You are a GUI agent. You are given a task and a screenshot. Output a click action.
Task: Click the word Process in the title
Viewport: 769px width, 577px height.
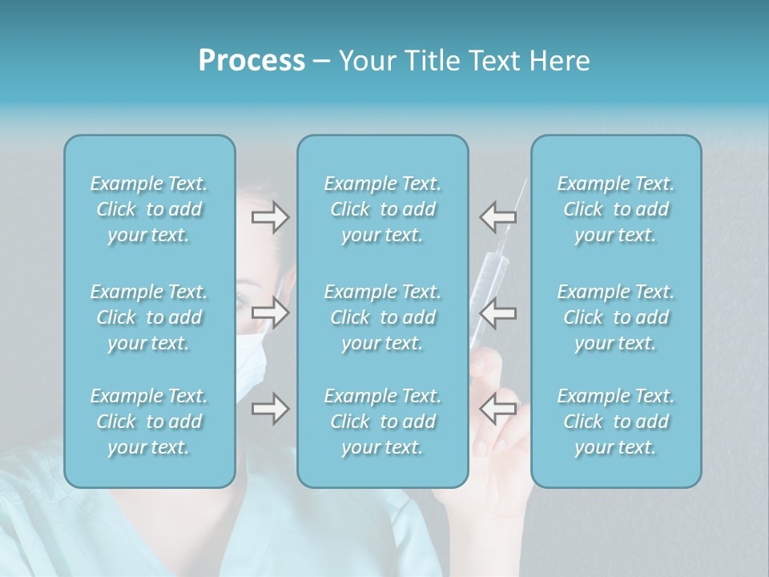pos(252,61)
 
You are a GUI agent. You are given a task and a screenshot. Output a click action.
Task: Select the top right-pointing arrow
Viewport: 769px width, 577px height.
pos(270,216)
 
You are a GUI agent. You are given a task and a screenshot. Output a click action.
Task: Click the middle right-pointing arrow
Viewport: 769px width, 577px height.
pos(270,313)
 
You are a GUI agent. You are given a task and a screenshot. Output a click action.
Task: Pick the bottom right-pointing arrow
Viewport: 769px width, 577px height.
pos(270,409)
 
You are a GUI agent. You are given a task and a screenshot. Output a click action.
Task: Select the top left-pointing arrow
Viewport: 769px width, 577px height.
pos(497,216)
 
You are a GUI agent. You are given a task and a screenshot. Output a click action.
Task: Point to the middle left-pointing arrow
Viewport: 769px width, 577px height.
pos(497,313)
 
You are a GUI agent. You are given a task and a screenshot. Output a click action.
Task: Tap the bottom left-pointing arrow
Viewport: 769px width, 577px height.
pos(497,409)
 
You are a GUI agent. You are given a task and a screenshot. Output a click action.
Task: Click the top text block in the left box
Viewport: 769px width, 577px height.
pos(149,209)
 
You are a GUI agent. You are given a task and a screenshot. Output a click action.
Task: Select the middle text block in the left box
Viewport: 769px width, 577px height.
pos(149,317)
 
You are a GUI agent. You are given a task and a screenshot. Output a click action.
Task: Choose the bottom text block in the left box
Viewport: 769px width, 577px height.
pos(149,422)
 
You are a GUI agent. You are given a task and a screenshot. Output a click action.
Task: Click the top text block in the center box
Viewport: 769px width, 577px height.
pos(383,209)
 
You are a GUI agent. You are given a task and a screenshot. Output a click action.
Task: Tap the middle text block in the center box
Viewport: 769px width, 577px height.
pos(383,317)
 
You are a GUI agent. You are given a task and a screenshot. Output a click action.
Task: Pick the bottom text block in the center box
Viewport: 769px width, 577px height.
pos(383,422)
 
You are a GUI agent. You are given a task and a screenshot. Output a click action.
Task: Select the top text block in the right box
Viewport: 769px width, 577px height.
pos(616,209)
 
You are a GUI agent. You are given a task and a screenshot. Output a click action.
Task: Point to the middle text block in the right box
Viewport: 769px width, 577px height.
pos(616,317)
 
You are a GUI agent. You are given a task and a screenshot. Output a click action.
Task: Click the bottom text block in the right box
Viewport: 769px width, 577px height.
pos(616,422)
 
